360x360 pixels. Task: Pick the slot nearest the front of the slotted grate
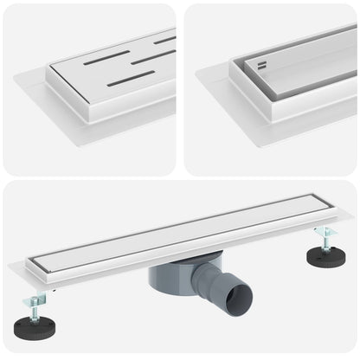pos(131,79)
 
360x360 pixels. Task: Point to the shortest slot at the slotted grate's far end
pos(165,40)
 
